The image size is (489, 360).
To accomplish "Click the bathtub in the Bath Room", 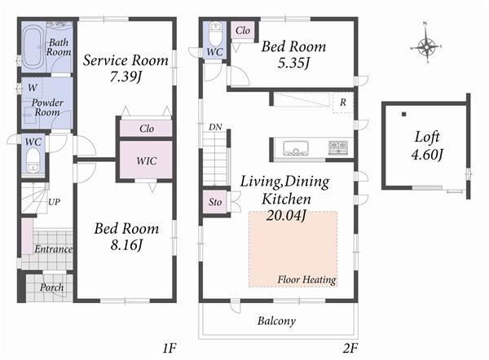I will point(34,47).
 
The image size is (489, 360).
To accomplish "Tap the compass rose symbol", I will point(428,46).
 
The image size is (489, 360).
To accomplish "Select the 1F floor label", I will point(169,349).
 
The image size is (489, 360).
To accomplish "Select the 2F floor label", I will point(350,349).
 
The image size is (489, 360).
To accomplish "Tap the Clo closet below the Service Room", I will point(147,128).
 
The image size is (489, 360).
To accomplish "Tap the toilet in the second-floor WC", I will point(214,36).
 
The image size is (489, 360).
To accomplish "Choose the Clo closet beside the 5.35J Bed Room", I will point(242,31).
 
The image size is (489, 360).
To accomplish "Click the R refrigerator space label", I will point(344,103).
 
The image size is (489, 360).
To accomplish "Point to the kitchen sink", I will point(294,147).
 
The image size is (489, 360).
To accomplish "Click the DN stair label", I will point(215,127).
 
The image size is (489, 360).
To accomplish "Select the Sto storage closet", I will point(214,201).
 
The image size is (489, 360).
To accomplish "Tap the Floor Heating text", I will point(306,279).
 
